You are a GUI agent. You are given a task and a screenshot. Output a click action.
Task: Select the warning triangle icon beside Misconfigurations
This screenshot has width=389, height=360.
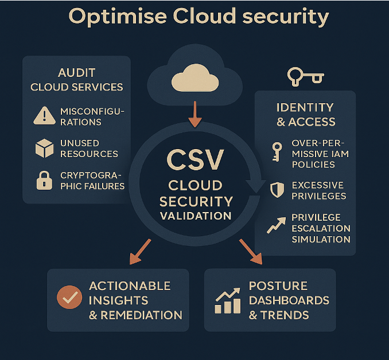(x=45, y=116)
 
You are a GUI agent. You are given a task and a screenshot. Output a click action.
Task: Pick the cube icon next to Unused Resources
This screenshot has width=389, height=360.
(x=44, y=148)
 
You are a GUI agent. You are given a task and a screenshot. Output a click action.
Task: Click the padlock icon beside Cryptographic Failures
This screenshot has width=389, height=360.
(x=44, y=181)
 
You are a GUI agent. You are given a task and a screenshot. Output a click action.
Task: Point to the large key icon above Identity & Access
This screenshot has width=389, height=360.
(x=305, y=76)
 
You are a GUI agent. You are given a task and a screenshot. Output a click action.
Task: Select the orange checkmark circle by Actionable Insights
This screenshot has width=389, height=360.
(x=70, y=298)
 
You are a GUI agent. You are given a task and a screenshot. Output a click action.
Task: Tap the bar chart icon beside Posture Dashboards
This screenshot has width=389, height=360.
(x=227, y=301)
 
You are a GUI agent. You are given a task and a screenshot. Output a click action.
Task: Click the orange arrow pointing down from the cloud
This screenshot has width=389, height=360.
(x=195, y=113)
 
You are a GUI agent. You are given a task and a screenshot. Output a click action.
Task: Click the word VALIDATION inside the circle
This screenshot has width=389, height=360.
(x=196, y=216)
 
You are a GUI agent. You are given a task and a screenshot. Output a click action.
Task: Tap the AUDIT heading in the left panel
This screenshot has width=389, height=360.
(x=76, y=73)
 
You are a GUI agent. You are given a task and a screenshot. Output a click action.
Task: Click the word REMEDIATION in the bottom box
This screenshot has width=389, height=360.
(x=142, y=315)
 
